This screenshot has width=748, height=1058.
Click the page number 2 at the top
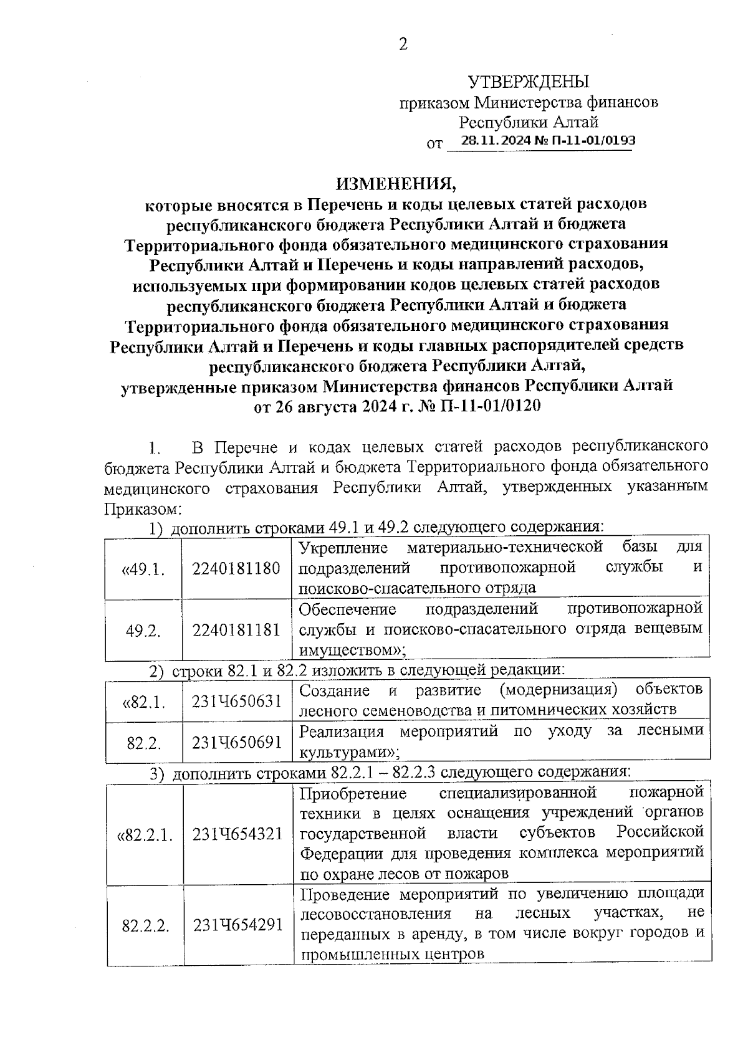(403, 44)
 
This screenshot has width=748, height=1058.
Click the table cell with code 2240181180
(237, 568)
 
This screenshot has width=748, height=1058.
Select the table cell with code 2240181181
(237, 630)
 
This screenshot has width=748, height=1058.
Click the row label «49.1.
(143, 570)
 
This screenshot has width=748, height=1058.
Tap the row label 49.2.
(143, 631)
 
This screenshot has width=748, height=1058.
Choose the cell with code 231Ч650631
(237, 701)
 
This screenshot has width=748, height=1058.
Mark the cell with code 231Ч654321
(237, 834)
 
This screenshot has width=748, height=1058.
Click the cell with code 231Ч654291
(237, 925)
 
